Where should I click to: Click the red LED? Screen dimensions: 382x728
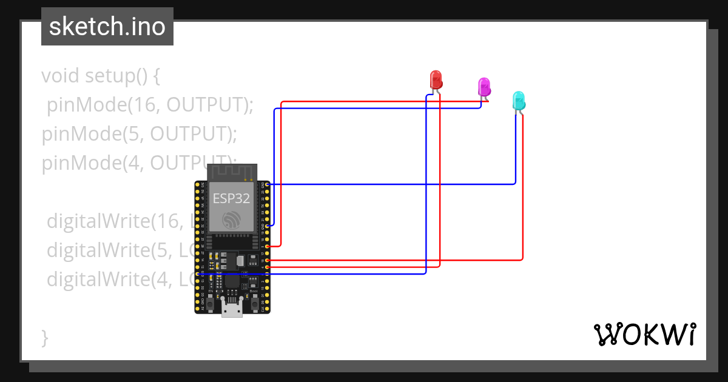[x=436, y=80]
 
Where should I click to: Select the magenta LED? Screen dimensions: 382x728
[x=484, y=86]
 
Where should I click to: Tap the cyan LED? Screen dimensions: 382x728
[x=518, y=100]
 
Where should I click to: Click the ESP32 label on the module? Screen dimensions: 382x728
[x=231, y=198]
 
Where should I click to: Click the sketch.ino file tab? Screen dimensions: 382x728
[x=107, y=27]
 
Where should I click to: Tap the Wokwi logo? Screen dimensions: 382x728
[x=644, y=334]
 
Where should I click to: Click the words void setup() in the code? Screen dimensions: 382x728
[x=100, y=76]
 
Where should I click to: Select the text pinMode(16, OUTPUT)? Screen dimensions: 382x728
[x=149, y=105]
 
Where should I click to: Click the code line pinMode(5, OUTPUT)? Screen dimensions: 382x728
[x=140, y=134]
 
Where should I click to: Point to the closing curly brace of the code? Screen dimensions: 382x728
[x=44, y=337]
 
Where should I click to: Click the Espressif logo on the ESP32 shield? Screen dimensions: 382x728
[x=231, y=219]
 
